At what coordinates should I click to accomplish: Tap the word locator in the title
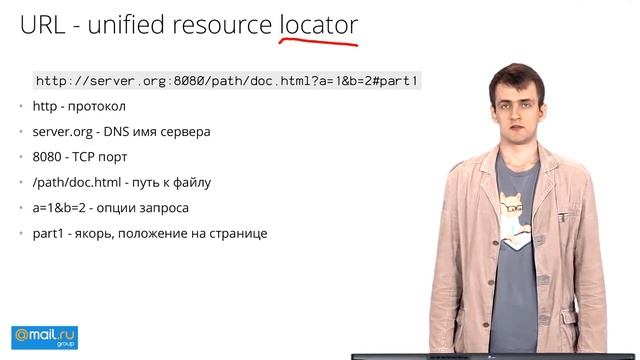point(317,25)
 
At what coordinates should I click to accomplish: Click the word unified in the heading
point(131,25)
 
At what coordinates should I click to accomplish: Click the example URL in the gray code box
point(226,80)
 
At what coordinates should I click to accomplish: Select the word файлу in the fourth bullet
point(189,182)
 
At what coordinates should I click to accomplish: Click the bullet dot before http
point(21,106)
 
